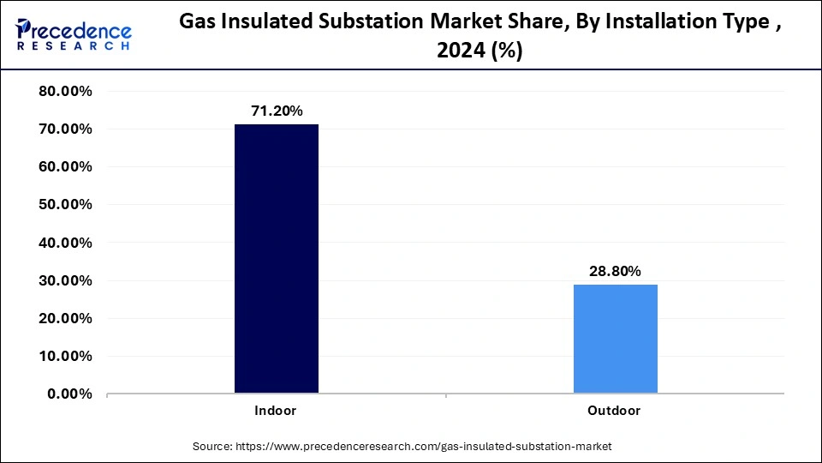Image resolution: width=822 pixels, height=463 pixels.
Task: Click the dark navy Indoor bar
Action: pos(276,259)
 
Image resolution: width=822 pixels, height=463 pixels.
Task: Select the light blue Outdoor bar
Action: pos(615,339)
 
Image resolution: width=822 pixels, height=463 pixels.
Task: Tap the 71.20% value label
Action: pos(276,111)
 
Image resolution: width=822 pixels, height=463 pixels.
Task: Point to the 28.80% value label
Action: pos(615,271)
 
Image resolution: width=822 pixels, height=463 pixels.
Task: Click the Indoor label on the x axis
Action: pos(276,411)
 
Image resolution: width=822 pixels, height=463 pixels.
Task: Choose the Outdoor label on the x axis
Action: pos(614,411)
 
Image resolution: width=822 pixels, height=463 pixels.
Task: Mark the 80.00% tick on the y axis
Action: pos(66,92)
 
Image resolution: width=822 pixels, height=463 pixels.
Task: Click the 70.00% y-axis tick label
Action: pos(66,129)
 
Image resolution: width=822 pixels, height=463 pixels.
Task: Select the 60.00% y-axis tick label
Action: pos(66,167)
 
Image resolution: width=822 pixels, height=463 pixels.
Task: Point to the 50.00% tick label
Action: pos(66,205)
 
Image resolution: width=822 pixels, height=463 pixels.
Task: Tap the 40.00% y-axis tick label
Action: pos(66,243)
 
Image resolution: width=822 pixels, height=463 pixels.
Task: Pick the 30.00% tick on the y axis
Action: pos(66,280)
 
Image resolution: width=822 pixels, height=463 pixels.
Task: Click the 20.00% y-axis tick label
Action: pos(66,318)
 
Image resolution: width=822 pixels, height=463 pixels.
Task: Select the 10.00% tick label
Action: pos(66,356)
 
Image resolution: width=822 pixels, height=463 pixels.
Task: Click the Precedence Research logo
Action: pos(74,35)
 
